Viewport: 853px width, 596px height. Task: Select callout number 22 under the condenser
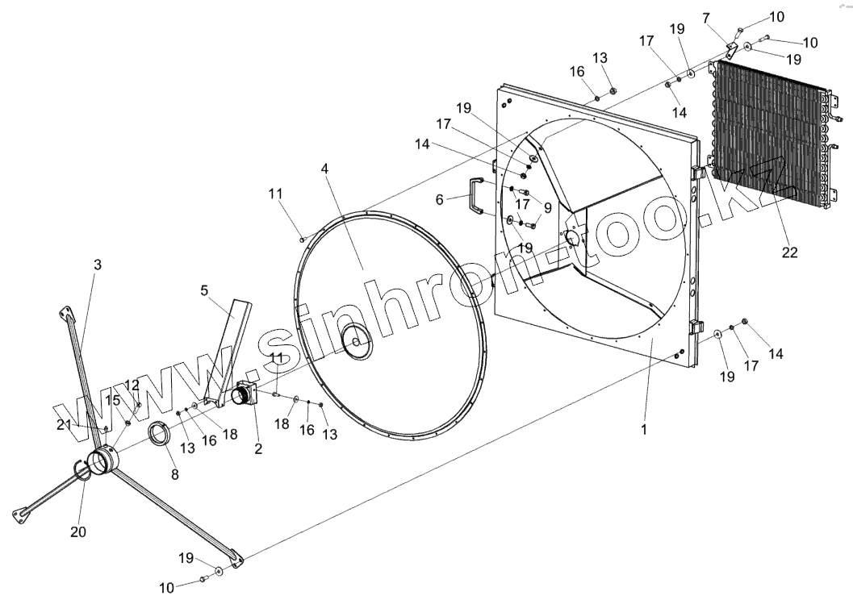pyautogui.click(x=789, y=252)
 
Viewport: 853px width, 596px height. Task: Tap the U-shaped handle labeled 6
pyautogui.click(x=475, y=198)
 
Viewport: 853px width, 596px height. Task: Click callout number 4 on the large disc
pyautogui.click(x=324, y=169)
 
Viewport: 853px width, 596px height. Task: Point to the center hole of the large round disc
pyautogui.click(x=356, y=342)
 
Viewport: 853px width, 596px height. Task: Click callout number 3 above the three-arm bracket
pyautogui.click(x=98, y=265)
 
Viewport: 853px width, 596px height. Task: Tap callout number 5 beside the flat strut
pyautogui.click(x=204, y=290)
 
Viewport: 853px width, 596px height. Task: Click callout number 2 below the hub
pyautogui.click(x=258, y=449)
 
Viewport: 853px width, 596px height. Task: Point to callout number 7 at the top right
pyautogui.click(x=706, y=17)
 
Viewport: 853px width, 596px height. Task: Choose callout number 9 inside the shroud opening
pyautogui.click(x=547, y=207)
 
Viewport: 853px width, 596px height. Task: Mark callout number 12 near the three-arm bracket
pyautogui.click(x=132, y=385)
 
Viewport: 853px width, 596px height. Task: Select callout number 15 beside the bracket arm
pyautogui.click(x=112, y=399)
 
